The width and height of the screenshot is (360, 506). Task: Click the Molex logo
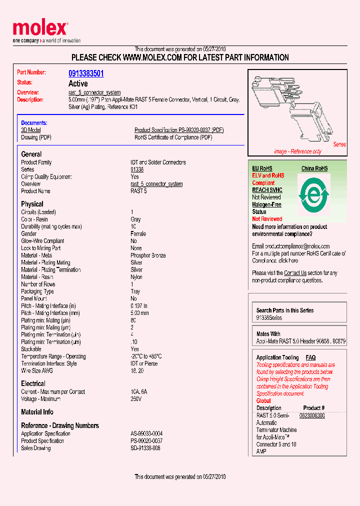[40, 30]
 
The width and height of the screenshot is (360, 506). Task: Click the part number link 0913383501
[86, 73]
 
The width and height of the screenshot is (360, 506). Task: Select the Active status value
[78, 83]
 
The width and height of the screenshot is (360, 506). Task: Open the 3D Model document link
[31, 130]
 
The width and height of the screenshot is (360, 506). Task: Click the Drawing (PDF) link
[36, 137]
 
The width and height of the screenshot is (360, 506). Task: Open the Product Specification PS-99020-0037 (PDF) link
[179, 130]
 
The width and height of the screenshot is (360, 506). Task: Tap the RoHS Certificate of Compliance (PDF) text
[173, 137]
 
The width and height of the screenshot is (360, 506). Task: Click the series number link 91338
[137, 169]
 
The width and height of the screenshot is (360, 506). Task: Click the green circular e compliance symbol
[313, 194]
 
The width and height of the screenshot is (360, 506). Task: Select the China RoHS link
[314, 168]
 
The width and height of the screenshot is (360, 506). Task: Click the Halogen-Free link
[266, 204]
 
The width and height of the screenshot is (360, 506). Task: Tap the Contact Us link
[295, 273]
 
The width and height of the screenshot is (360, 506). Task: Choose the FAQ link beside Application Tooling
[310, 357]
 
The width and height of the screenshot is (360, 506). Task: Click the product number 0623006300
[311, 415]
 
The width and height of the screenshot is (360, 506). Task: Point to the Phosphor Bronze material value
[148, 255]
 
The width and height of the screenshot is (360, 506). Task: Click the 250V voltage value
[136, 399]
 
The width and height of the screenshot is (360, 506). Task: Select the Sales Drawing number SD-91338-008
[145, 448]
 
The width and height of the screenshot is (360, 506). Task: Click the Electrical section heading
[33, 383]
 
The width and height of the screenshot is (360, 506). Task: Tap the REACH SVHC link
[267, 190]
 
